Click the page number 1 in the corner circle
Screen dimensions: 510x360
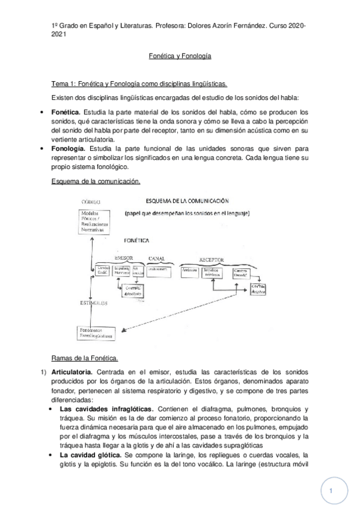point(331,491)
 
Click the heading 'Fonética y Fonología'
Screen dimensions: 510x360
point(180,55)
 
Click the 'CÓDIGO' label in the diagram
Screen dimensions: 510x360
point(88,203)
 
